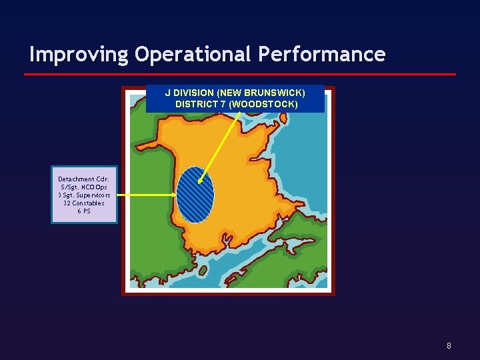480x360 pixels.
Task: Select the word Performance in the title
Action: tap(328, 55)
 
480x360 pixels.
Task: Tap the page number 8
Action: tap(449, 346)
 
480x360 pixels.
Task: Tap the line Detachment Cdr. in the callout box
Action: tap(83, 179)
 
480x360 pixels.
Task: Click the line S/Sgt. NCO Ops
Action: tap(83, 187)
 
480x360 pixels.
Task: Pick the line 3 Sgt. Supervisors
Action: tap(84, 195)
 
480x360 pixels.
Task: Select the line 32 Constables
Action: tap(84, 203)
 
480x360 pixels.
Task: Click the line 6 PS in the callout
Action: tap(84, 211)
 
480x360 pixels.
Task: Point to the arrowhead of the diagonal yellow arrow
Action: tap(200, 181)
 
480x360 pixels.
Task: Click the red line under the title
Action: tap(240, 74)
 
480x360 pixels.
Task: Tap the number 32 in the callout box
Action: tap(67, 203)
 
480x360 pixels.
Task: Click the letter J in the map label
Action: tap(167, 93)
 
